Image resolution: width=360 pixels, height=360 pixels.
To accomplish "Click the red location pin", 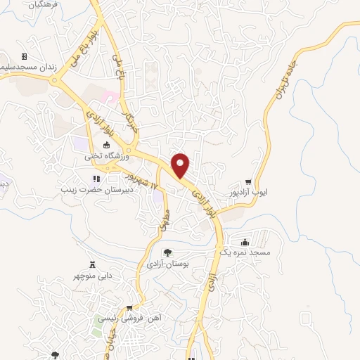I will pyautogui.click(x=181, y=165).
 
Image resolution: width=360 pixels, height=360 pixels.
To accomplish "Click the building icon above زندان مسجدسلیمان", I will pyautogui.click(x=24, y=56).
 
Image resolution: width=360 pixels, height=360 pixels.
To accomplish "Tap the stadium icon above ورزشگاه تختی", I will pyautogui.click(x=106, y=146).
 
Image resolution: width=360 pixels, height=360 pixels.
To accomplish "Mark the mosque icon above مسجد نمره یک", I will pyautogui.click(x=244, y=240).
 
